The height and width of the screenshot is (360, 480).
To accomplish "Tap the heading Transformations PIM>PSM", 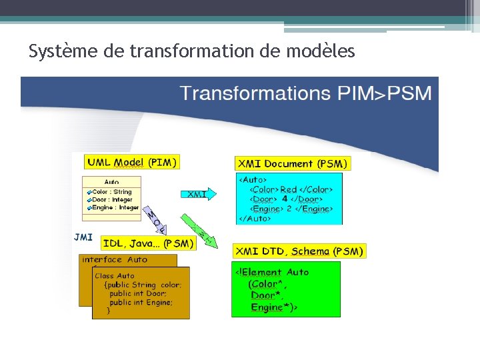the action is (x=305, y=93).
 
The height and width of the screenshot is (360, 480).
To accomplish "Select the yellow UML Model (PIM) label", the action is (x=132, y=162).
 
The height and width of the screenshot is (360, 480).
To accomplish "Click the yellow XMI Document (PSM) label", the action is (x=292, y=163).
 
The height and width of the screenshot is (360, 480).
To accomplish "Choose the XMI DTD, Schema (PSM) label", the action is (x=299, y=251).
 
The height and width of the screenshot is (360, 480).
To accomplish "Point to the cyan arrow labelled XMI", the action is (x=199, y=194).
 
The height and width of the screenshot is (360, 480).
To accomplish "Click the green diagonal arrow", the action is (x=201, y=230).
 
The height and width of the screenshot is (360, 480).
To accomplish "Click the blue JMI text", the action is (x=83, y=236).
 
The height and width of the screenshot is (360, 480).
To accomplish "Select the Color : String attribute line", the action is (x=111, y=192).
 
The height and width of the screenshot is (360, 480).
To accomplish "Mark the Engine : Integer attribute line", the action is (x=115, y=207).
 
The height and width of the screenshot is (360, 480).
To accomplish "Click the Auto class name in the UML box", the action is (x=111, y=182).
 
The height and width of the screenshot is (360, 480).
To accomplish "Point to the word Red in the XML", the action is (x=288, y=189).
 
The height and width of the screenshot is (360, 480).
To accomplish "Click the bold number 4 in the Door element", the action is (x=285, y=199).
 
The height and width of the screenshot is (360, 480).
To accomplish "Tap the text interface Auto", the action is (x=115, y=259).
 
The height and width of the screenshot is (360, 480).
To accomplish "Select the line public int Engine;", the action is (x=141, y=302).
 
